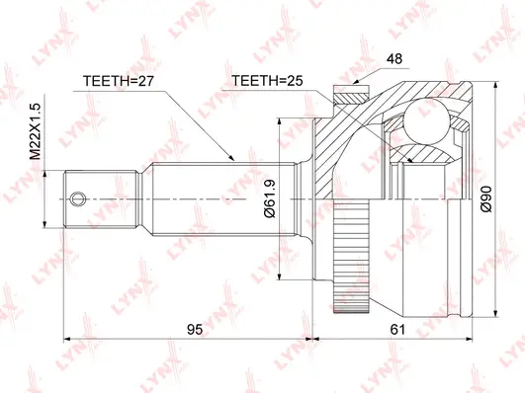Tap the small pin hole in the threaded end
[x=82, y=198]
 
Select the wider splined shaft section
[x=227, y=198]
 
